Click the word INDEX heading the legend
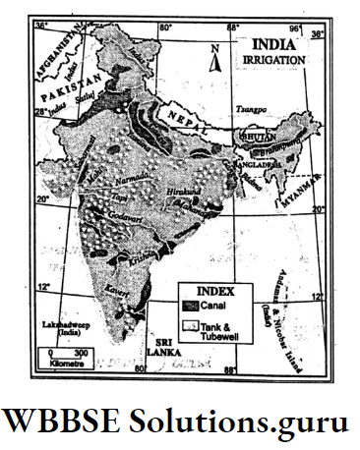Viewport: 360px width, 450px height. point(216,292)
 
